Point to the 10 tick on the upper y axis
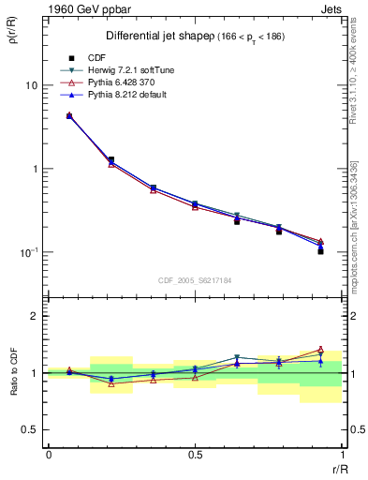pyautogui.click(x=31, y=85)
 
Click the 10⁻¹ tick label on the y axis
pyautogui.click(x=29, y=253)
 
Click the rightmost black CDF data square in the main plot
pyautogui.click(x=320, y=251)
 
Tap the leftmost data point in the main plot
pyautogui.click(x=69, y=116)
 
